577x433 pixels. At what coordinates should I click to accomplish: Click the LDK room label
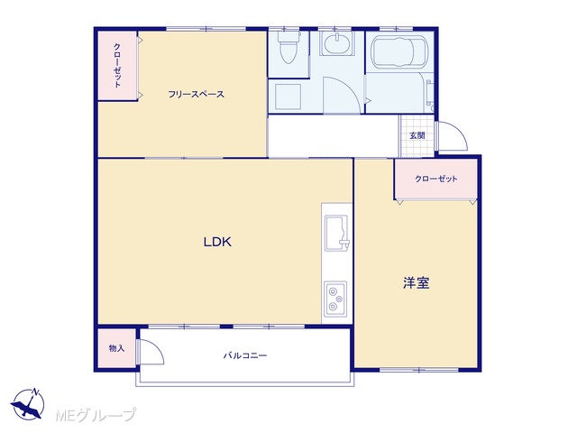coord(217,242)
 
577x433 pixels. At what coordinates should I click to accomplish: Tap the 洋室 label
coord(417,283)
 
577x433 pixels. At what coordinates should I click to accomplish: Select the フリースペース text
coord(197,94)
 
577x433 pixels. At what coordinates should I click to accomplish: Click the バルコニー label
coord(245,355)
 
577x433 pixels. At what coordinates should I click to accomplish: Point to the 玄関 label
coord(417,135)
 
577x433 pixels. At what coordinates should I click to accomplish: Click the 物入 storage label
coord(116,348)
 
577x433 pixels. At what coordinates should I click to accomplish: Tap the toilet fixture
coord(288,48)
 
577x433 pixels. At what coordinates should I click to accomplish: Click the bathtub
coord(399,51)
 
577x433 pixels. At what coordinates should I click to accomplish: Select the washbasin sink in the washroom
coord(336,43)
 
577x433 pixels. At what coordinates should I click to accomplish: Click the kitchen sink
coord(336,233)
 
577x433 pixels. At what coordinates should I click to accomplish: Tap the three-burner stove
coord(335,299)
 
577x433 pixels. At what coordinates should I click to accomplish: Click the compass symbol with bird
coord(28,404)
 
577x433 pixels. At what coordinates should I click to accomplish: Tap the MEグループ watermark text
coord(96,415)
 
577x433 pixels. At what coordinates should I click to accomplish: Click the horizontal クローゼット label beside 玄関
coord(436,179)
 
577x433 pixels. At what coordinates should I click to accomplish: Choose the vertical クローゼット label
coord(117,66)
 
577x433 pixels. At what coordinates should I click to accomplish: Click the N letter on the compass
coord(35,392)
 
